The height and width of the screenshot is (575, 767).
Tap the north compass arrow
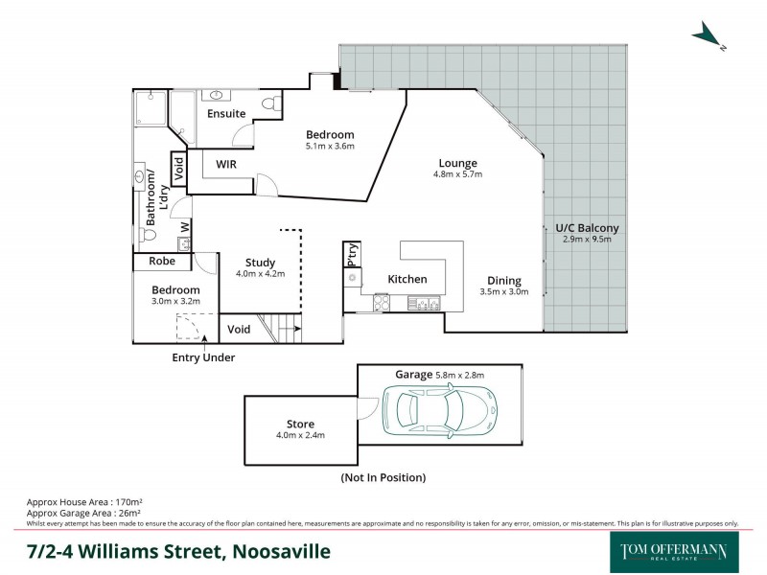pyautogui.click(x=707, y=35)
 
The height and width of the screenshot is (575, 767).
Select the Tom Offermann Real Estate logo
pyautogui.click(x=674, y=552)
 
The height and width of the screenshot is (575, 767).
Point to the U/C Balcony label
pyautogui.click(x=588, y=228)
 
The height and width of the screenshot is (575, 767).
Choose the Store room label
pyautogui.click(x=300, y=424)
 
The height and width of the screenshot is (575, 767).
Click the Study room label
pyautogui.click(x=260, y=263)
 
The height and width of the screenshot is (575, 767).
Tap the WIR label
pyautogui.click(x=226, y=165)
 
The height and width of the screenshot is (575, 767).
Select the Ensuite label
pyautogui.click(x=227, y=114)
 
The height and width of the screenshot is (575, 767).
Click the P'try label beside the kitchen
pyautogui.click(x=353, y=254)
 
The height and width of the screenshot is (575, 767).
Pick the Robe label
pyautogui.click(x=162, y=260)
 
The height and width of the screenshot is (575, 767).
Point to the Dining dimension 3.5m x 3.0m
pyautogui.click(x=504, y=292)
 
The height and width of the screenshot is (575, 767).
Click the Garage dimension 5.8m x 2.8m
pyautogui.click(x=466, y=374)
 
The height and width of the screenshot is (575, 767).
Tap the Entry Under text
pyautogui.click(x=203, y=357)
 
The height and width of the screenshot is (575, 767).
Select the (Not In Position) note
pyautogui.click(x=383, y=477)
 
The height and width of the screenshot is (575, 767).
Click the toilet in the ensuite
pyautogui.click(x=274, y=102)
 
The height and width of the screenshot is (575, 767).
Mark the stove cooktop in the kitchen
pyautogui.click(x=381, y=303)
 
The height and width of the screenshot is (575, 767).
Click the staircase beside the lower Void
pyautogui.click(x=285, y=330)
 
